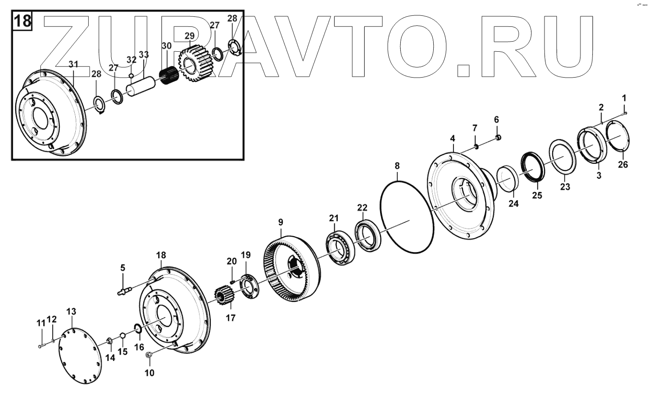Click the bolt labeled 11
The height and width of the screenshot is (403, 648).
click(41, 345)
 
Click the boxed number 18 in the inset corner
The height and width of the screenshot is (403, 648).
click(22, 22)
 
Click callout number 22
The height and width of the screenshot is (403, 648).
click(362, 207)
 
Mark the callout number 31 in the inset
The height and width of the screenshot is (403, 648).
click(73, 64)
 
